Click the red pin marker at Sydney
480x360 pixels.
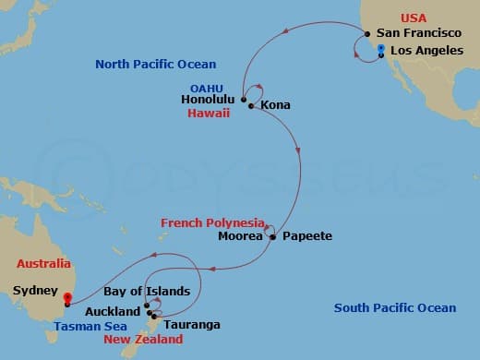click(x=66, y=298)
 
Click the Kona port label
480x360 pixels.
click(x=276, y=105)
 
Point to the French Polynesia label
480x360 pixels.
click(x=211, y=222)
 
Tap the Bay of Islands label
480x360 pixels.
click(x=152, y=292)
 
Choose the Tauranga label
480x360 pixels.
click(x=190, y=325)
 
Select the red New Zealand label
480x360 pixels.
click(x=144, y=340)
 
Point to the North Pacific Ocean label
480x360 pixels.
click(x=156, y=64)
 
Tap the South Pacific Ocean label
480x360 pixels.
click(x=395, y=308)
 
